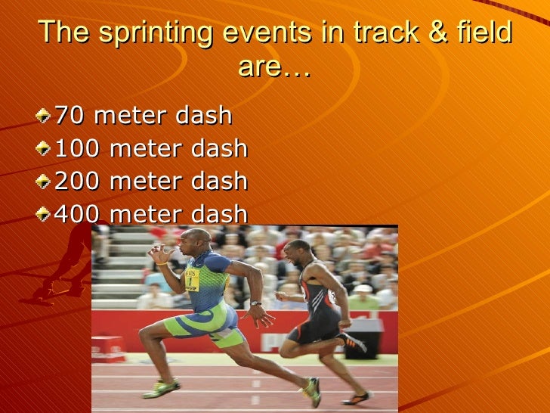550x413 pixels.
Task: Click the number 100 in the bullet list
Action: coord(76,148)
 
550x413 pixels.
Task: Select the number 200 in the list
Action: coord(76,181)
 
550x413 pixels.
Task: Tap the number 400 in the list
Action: coord(76,214)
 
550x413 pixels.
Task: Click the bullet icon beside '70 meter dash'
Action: coord(45,116)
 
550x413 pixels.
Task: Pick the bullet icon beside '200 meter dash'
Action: coord(45,182)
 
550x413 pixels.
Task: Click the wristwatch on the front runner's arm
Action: coord(255,304)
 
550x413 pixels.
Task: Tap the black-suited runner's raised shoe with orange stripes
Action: coord(352,342)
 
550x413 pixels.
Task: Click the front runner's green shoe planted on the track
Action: coord(160,387)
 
